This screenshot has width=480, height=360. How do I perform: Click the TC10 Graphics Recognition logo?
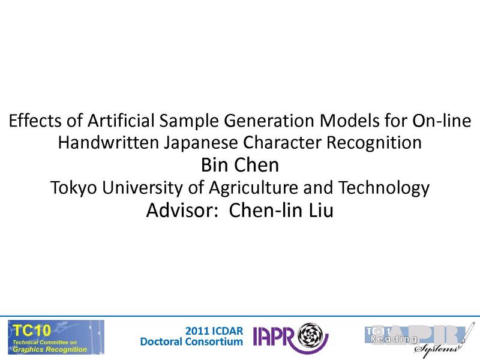pyautogui.click(x=55, y=337)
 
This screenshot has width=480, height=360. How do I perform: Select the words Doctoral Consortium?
pyautogui.click(x=191, y=342)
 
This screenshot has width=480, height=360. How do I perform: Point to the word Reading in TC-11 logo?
pyautogui.click(x=394, y=340)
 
